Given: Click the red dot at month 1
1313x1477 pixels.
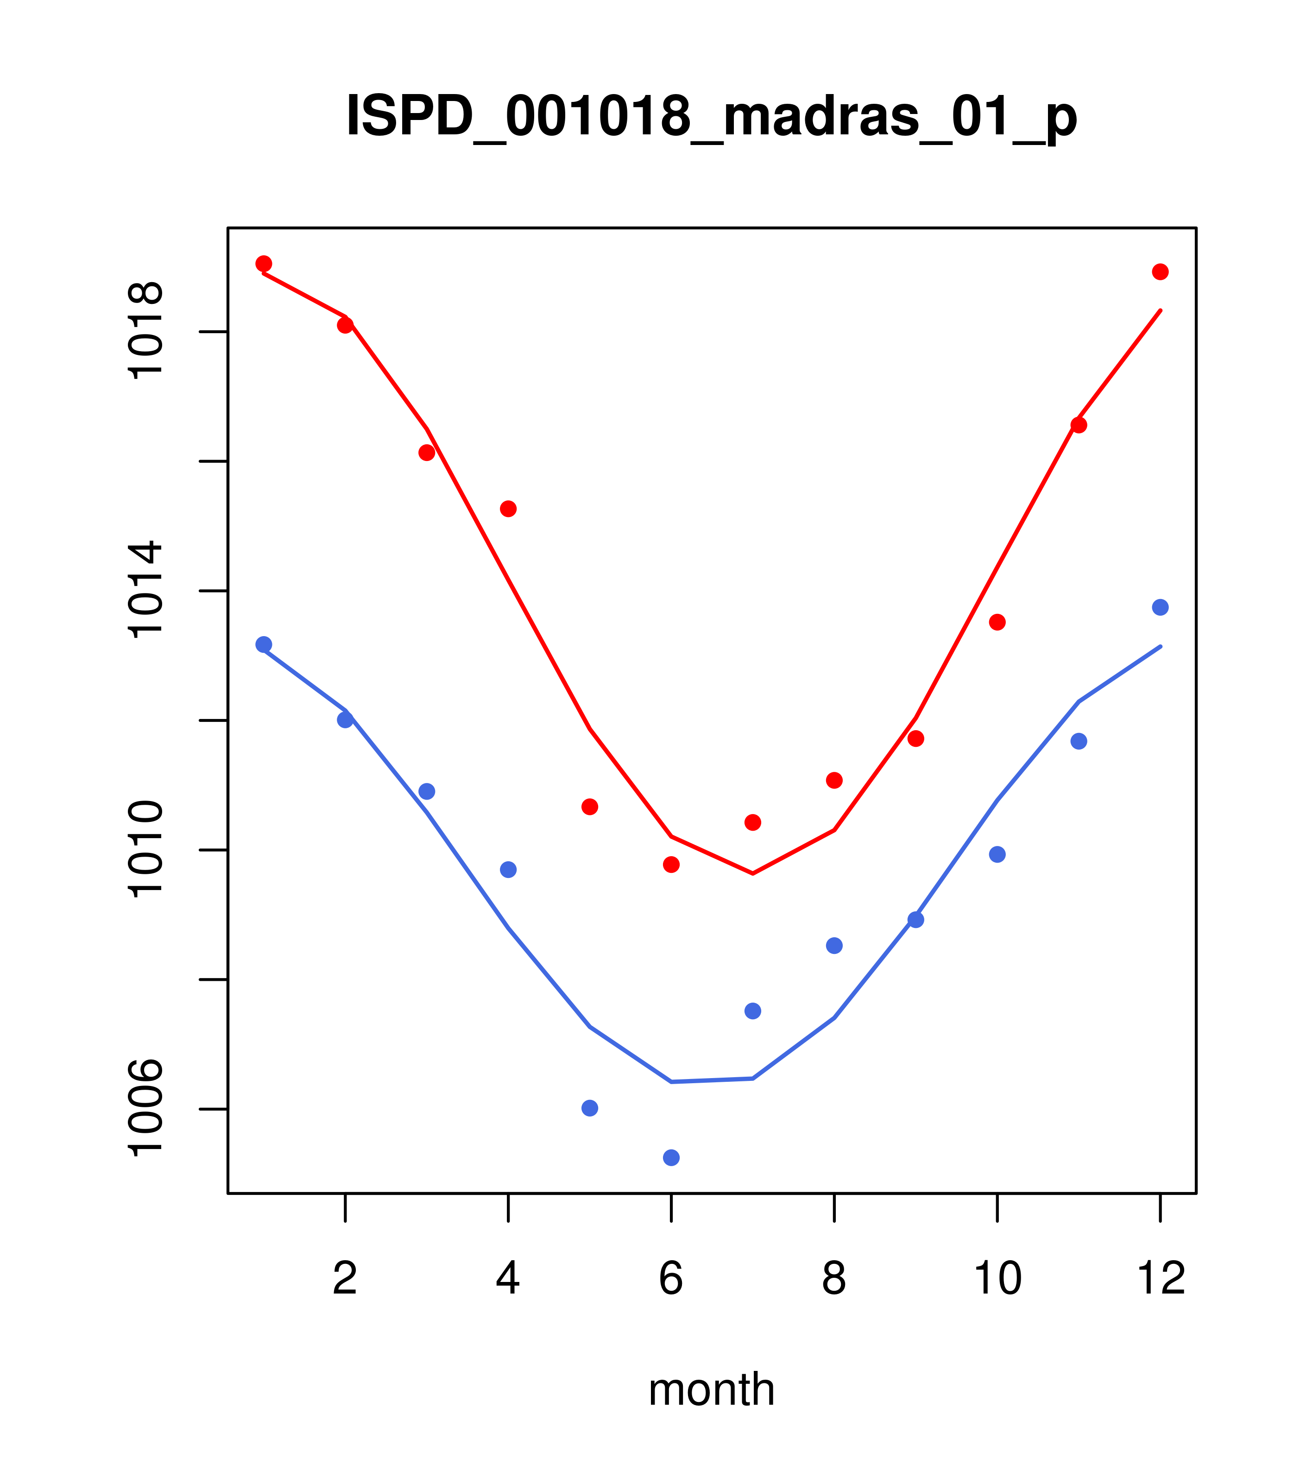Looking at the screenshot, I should pyautogui.click(x=264, y=264).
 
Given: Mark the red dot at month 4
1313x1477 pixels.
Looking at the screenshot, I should pyautogui.click(x=508, y=509).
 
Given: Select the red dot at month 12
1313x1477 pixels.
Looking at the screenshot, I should pyautogui.click(x=1161, y=271).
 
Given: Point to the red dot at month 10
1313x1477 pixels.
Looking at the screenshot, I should pyautogui.click(x=997, y=622).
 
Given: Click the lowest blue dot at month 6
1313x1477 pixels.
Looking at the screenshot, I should pyautogui.click(x=671, y=1158).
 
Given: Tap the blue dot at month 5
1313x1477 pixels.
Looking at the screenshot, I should pyautogui.click(x=590, y=1108).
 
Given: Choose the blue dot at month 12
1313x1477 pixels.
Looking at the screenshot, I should pyautogui.click(x=1161, y=607).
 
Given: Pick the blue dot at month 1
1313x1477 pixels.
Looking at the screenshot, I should pyautogui.click(x=264, y=644).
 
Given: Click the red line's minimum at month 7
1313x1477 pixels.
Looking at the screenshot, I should pyautogui.click(x=753, y=873).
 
